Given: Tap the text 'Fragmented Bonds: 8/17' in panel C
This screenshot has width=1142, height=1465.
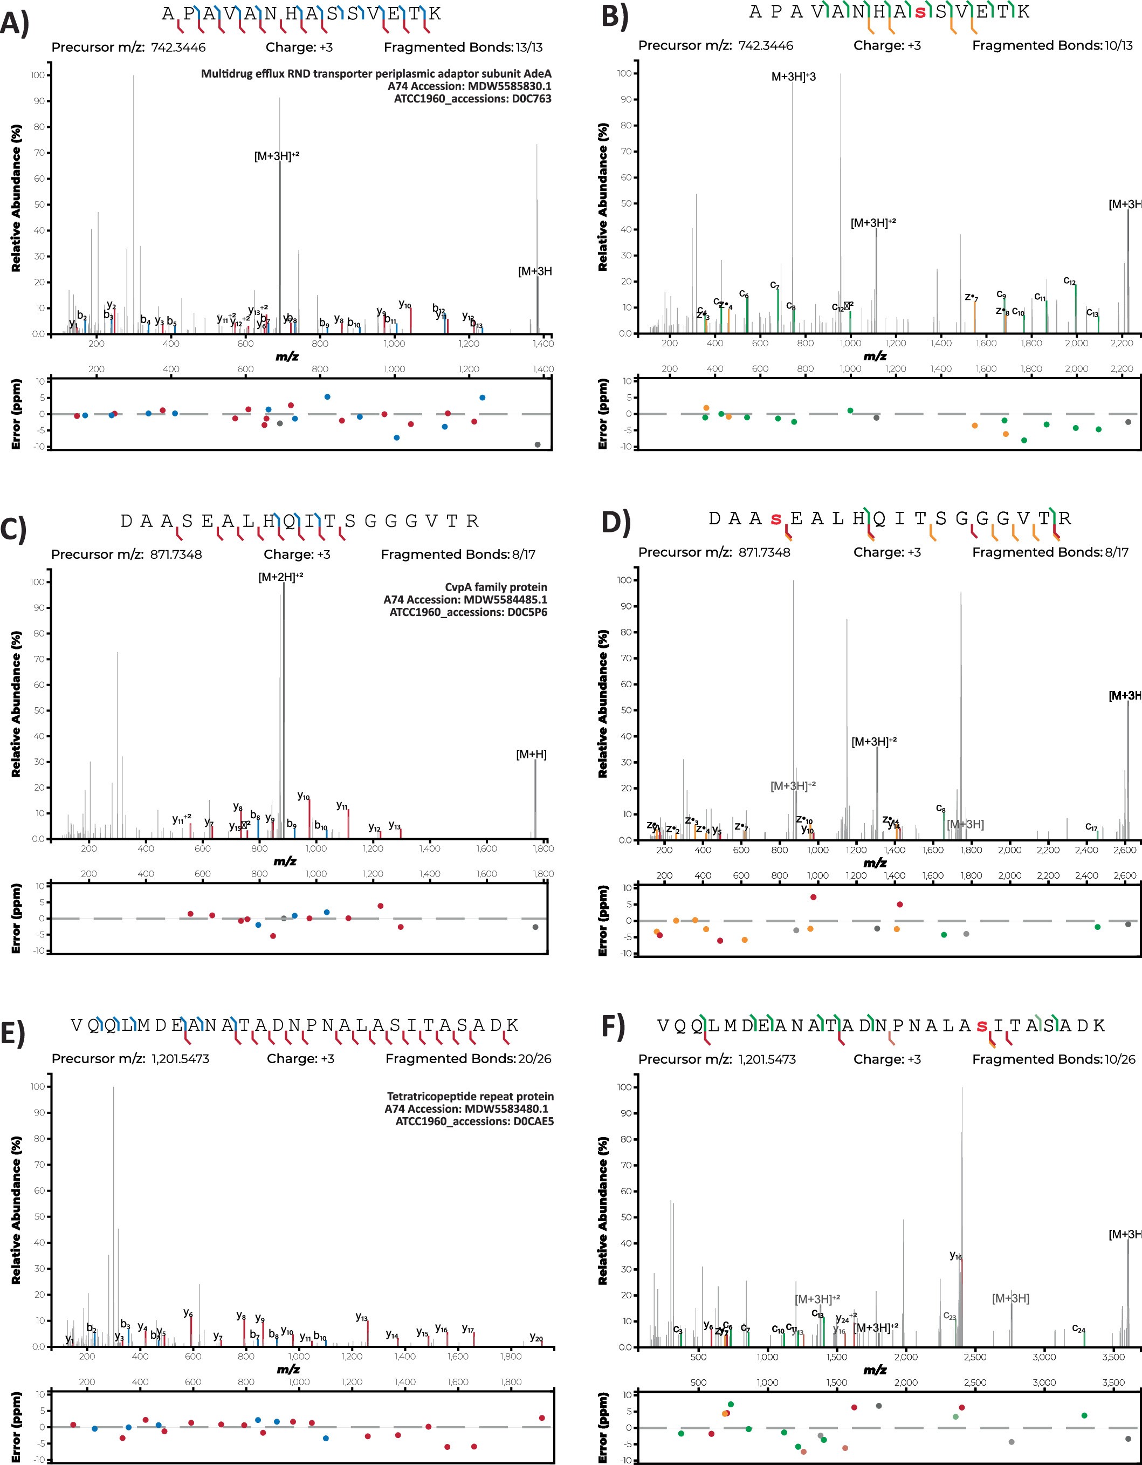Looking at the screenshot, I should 458,554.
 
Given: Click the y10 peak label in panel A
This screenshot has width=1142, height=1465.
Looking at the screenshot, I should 405,305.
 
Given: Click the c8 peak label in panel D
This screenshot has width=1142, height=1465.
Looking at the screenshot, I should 941,809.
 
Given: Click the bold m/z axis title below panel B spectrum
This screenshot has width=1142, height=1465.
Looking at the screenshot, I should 875,356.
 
